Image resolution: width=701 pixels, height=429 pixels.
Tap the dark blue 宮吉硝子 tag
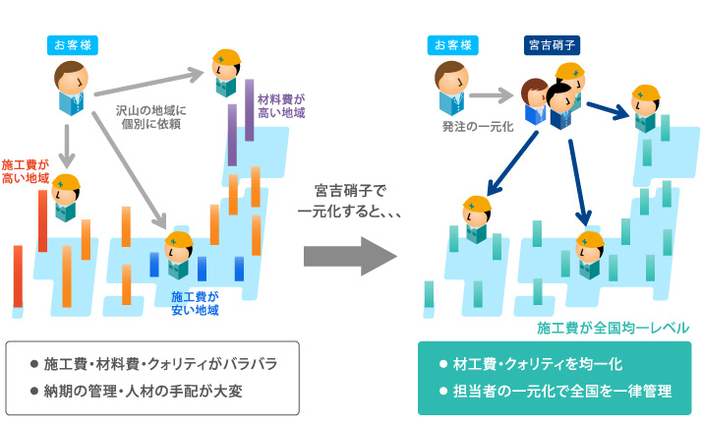point(552,44)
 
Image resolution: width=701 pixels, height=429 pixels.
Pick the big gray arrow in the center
point(349,258)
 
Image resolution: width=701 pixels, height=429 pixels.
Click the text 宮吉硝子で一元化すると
point(350,200)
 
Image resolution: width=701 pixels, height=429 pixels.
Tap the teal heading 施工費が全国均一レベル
point(613,327)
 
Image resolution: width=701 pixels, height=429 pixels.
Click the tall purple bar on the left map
point(234,138)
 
